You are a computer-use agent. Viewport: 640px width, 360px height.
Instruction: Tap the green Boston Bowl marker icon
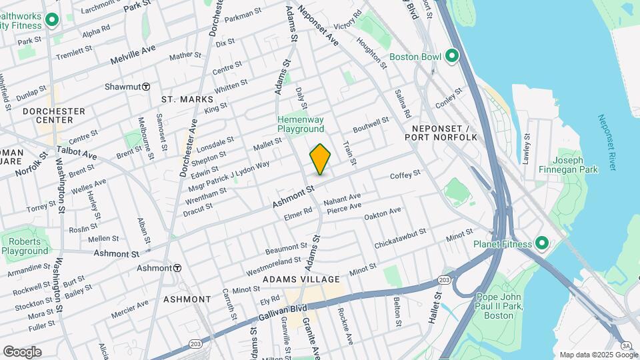[453, 56]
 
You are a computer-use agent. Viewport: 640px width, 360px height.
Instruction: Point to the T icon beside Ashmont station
[177, 268]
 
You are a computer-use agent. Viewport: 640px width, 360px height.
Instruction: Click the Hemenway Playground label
[301, 124]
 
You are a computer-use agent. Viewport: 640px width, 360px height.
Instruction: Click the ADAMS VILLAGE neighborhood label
[301, 279]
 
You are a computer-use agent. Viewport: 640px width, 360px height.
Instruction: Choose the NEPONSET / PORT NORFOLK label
[441, 132]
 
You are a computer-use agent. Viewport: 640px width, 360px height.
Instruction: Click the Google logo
[22, 351]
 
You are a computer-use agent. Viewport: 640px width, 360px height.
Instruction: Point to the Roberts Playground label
[25, 246]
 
